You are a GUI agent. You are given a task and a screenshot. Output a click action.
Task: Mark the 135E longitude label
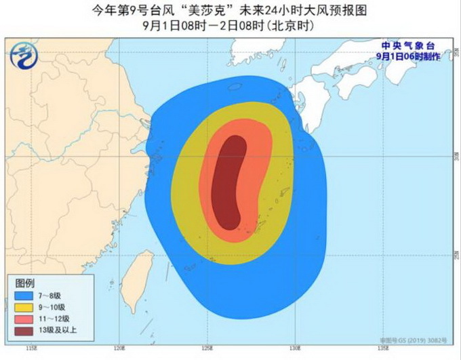pos(382,348)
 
